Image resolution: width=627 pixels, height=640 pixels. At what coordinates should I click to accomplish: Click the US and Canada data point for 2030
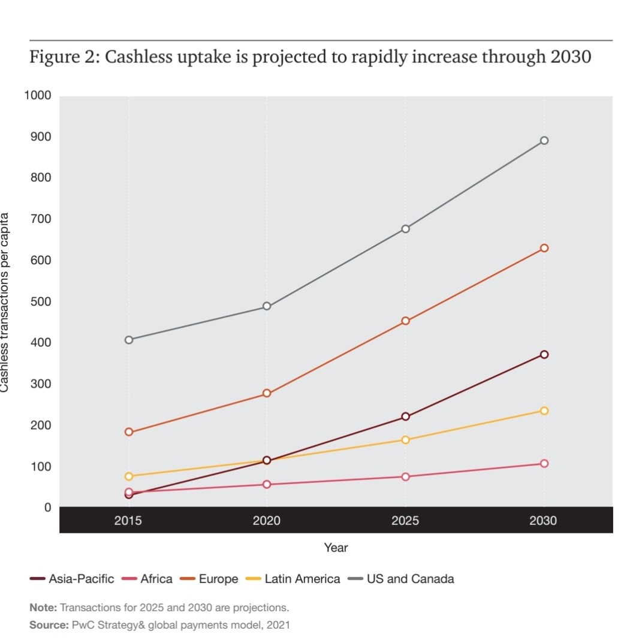(544, 141)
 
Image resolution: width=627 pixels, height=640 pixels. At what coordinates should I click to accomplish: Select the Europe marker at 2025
(406, 321)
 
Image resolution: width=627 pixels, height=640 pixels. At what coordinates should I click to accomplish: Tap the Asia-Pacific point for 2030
(544, 355)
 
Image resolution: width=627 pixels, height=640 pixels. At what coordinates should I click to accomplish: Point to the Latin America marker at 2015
(129, 476)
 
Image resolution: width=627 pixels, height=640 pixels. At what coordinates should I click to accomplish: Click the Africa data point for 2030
(544, 464)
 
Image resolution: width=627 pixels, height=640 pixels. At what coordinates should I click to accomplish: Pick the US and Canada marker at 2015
(129, 340)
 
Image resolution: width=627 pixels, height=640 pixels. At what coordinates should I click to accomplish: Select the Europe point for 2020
(267, 394)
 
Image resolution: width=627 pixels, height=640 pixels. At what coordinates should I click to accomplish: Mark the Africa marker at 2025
(406, 477)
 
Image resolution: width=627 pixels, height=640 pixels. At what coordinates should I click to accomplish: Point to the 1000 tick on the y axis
(38, 96)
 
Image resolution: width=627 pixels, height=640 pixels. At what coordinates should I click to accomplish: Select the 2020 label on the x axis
(267, 521)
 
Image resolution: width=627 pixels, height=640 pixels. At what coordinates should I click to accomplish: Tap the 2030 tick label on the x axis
(543, 521)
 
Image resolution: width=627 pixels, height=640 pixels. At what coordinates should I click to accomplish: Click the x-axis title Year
(336, 548)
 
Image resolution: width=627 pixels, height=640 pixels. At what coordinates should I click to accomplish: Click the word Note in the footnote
(43, 608)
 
